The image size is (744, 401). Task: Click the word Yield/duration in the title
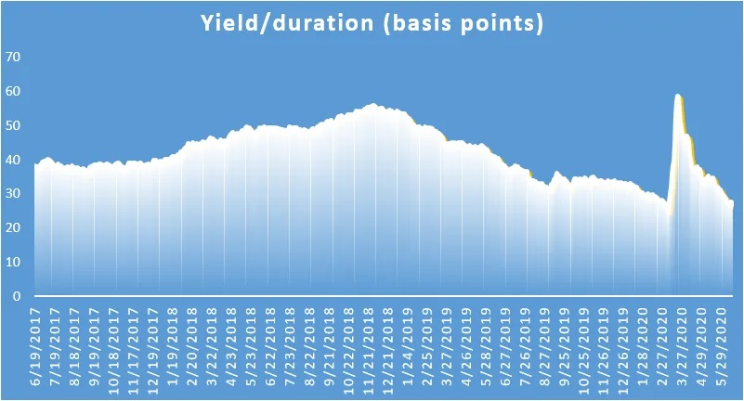[287, 23]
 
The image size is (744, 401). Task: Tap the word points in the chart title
[502, 23]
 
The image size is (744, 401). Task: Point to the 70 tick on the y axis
[13, 57]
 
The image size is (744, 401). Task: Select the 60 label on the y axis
[13, 91]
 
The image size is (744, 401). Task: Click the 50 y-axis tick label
[13, 125]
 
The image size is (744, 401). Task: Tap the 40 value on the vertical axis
[13, 160]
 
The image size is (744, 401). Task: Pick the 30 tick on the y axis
[13, 193]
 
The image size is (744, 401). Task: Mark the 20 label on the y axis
[13, 228]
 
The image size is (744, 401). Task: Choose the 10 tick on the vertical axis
[13, 262]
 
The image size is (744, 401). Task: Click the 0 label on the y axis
[17, 296]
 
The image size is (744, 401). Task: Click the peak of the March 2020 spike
[678, 95]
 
